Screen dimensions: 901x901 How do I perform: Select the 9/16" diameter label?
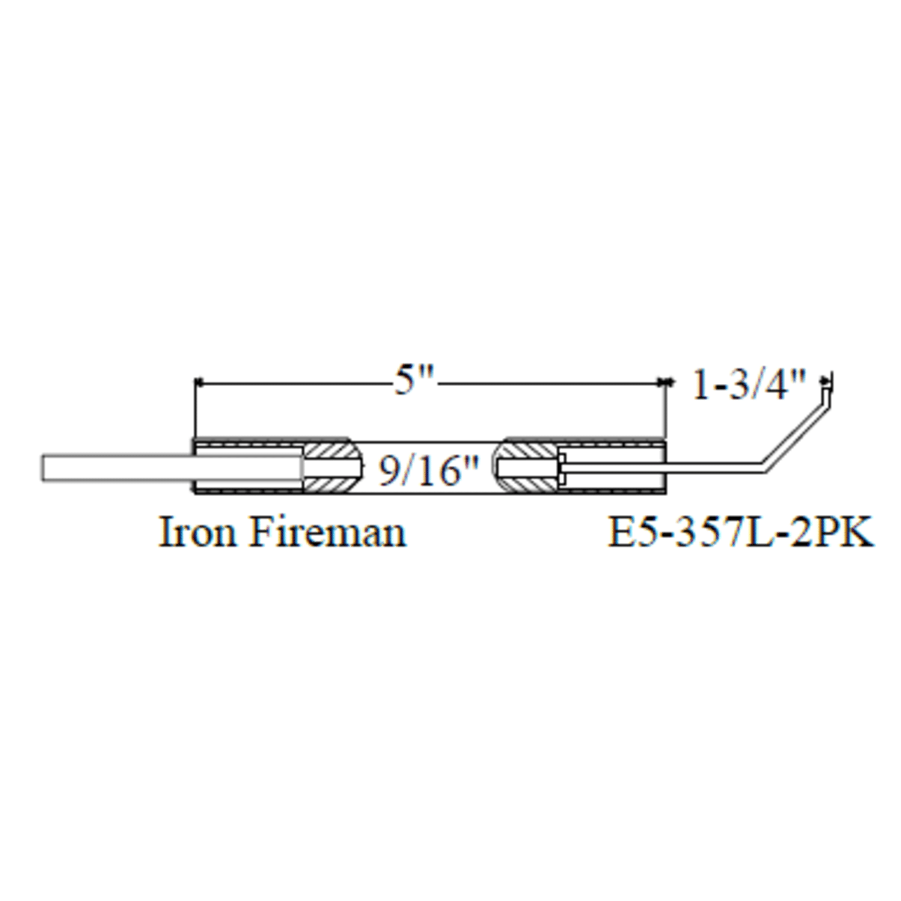(428, 471)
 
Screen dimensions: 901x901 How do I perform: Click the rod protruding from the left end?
(117, 468)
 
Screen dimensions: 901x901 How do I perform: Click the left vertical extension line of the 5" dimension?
(194, 410)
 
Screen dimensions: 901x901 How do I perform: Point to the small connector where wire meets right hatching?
(562, 468)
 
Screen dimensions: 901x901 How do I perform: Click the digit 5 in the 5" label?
(405, 381)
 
